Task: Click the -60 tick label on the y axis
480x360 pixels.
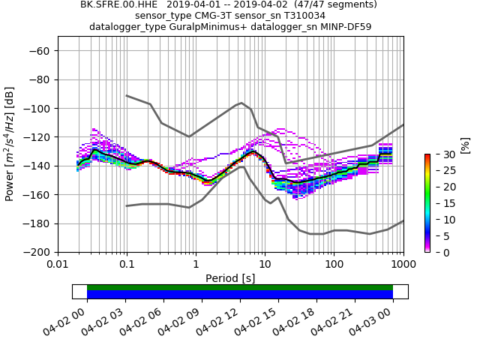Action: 42,51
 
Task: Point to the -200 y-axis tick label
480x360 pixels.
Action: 39,252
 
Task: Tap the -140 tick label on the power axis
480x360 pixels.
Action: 39,166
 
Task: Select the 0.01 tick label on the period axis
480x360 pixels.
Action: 58,264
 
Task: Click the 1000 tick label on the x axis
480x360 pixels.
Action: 403,264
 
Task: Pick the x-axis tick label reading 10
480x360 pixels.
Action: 265,264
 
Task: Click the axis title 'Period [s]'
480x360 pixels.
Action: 230,278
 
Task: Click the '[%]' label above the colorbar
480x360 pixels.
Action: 465,144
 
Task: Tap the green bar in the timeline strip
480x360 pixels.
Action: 240,287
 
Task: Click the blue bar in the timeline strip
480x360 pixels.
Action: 240,295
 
